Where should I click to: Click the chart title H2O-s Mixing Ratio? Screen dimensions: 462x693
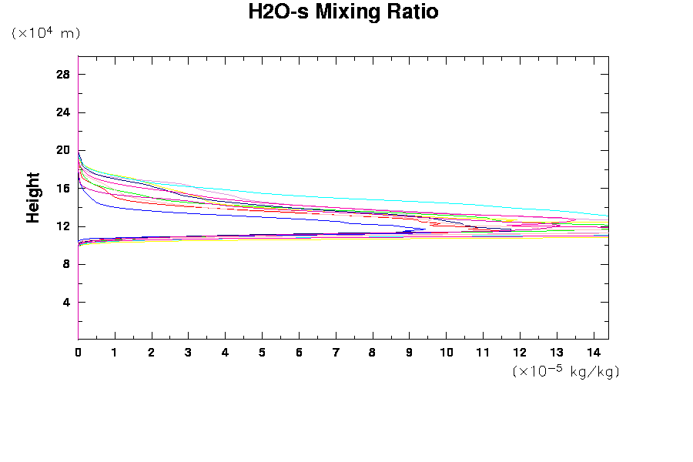tap(343, 12)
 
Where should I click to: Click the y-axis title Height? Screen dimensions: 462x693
tap(33, 198)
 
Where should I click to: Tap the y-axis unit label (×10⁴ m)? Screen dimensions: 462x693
tap(45, 33)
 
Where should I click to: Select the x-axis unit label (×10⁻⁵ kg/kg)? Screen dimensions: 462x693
tap(566, 371)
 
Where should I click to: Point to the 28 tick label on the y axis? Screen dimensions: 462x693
tap(63, 75)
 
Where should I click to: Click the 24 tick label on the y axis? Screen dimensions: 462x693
tap(63, 112)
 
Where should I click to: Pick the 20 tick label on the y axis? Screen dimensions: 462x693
tap(63, 150)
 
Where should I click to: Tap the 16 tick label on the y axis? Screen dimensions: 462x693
tap(63, 189)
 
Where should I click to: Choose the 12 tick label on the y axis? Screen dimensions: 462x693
tap(63, 226)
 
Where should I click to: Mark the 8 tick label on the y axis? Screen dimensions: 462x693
tap(66, 264)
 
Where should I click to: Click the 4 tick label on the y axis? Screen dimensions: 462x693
tap(66, 302)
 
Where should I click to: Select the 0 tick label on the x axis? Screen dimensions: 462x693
tap(79, 353)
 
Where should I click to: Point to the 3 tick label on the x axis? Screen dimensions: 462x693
tap(189, 353)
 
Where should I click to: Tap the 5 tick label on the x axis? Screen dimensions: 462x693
tap(262, 353)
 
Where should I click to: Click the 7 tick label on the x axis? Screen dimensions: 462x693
tap(336, 353)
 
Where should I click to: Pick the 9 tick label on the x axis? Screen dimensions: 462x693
tap(410, 353)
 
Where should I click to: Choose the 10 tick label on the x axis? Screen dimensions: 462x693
tap(447, 353)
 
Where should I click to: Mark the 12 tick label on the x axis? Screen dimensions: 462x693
tap(520, 353)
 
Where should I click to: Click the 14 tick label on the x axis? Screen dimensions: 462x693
tap(594, 353)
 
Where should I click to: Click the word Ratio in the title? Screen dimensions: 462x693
tap(413, 12)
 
